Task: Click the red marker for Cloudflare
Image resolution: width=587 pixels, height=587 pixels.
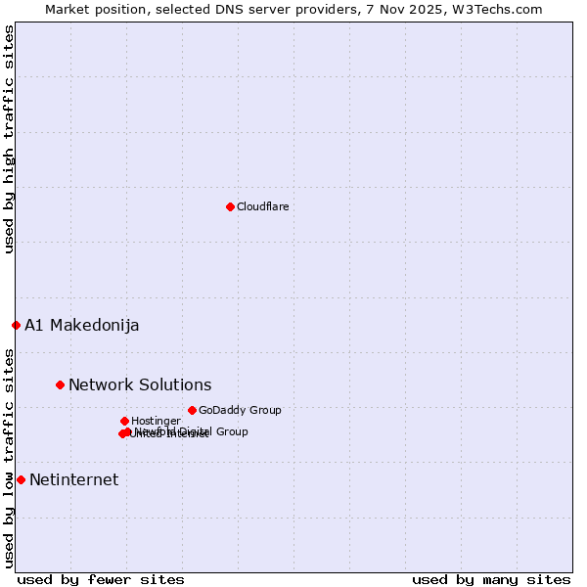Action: pos(230,206)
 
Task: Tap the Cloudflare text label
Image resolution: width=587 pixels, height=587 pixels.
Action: pos(262,206)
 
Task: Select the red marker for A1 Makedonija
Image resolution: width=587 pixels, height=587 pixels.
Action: pos(16,325)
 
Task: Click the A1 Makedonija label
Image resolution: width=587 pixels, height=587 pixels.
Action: pos(81,325)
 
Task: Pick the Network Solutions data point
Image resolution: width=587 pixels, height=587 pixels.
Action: pos(60,384)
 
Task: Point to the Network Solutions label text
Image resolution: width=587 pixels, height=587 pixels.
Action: pos(140,384)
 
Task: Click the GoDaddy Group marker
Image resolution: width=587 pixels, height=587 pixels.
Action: pos(192,410)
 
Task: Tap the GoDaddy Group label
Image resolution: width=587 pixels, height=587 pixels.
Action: pos(240,410)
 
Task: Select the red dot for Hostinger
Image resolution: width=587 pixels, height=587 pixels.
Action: pos(124,421)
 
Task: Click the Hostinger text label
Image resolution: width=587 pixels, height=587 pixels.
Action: pos(156,421)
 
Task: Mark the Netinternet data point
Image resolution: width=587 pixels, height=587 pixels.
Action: pos(21,479)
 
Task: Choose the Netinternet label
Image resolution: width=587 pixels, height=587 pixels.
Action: pos(73,479)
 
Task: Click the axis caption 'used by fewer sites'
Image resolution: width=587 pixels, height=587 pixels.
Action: pos(101,579)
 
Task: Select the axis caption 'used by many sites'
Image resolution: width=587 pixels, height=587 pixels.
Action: pos(491,579)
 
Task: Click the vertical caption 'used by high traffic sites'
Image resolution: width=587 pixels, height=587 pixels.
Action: pos(9,139)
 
